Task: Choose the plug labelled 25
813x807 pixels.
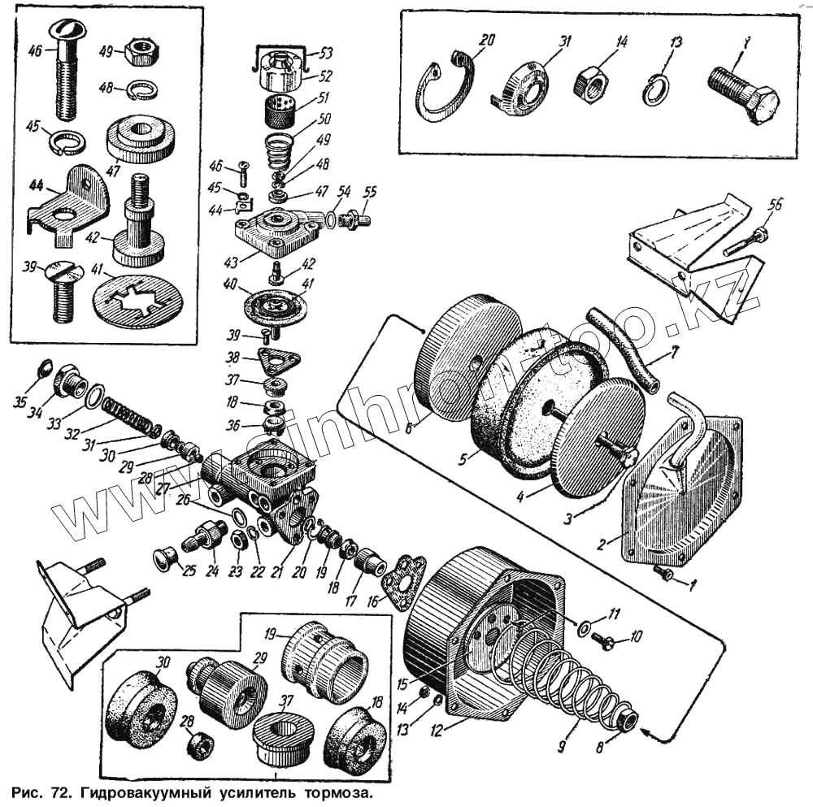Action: pyautogui.click(x=165, y=559)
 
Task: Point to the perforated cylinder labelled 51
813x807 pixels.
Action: pyautogui.click(x=282, y=106)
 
